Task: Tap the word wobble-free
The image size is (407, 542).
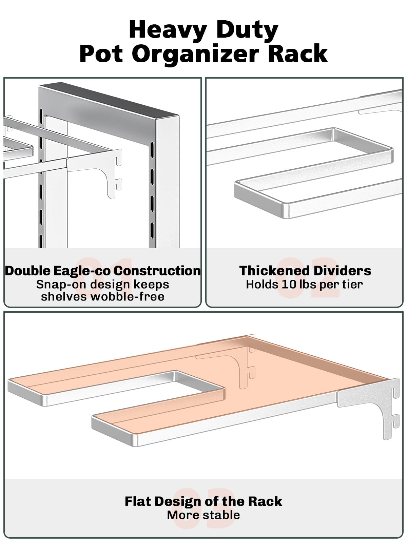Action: point(127,296)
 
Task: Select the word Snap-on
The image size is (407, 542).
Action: point(61,285)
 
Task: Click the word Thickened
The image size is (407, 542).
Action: point(271,271)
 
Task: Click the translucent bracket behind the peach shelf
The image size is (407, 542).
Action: point(242,363)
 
